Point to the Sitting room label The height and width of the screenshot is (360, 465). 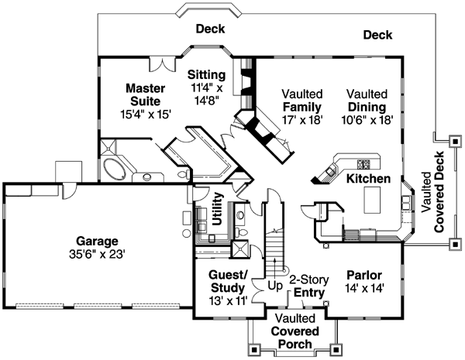click(207, 75)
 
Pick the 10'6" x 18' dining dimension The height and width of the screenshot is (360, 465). click(367, 120)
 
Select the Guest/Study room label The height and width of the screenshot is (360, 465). click(229, 282)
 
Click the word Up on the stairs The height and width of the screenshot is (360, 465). click(275, 286)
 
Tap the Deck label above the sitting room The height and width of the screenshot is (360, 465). click(210, 29)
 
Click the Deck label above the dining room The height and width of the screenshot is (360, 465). click(377, 35)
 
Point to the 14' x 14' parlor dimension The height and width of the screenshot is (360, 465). click(364, 289)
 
